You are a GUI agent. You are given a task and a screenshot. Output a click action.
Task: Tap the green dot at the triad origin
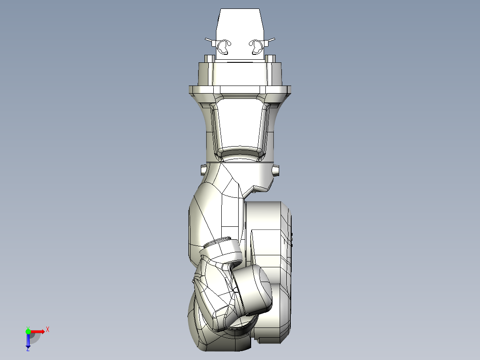point(28,331)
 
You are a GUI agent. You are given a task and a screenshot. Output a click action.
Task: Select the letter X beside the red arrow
point(48,330)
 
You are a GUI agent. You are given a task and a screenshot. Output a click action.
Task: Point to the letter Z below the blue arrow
point(28,349)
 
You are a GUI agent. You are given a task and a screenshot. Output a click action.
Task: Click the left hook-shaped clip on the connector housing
point(224,46)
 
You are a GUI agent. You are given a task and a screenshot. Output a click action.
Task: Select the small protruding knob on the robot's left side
point(203,169)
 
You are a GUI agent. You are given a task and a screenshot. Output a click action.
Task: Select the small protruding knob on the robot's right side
point(277,170)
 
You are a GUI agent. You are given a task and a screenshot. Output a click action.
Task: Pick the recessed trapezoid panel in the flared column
point(240,125)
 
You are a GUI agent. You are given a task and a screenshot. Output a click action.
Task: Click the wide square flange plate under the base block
point(240,90)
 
